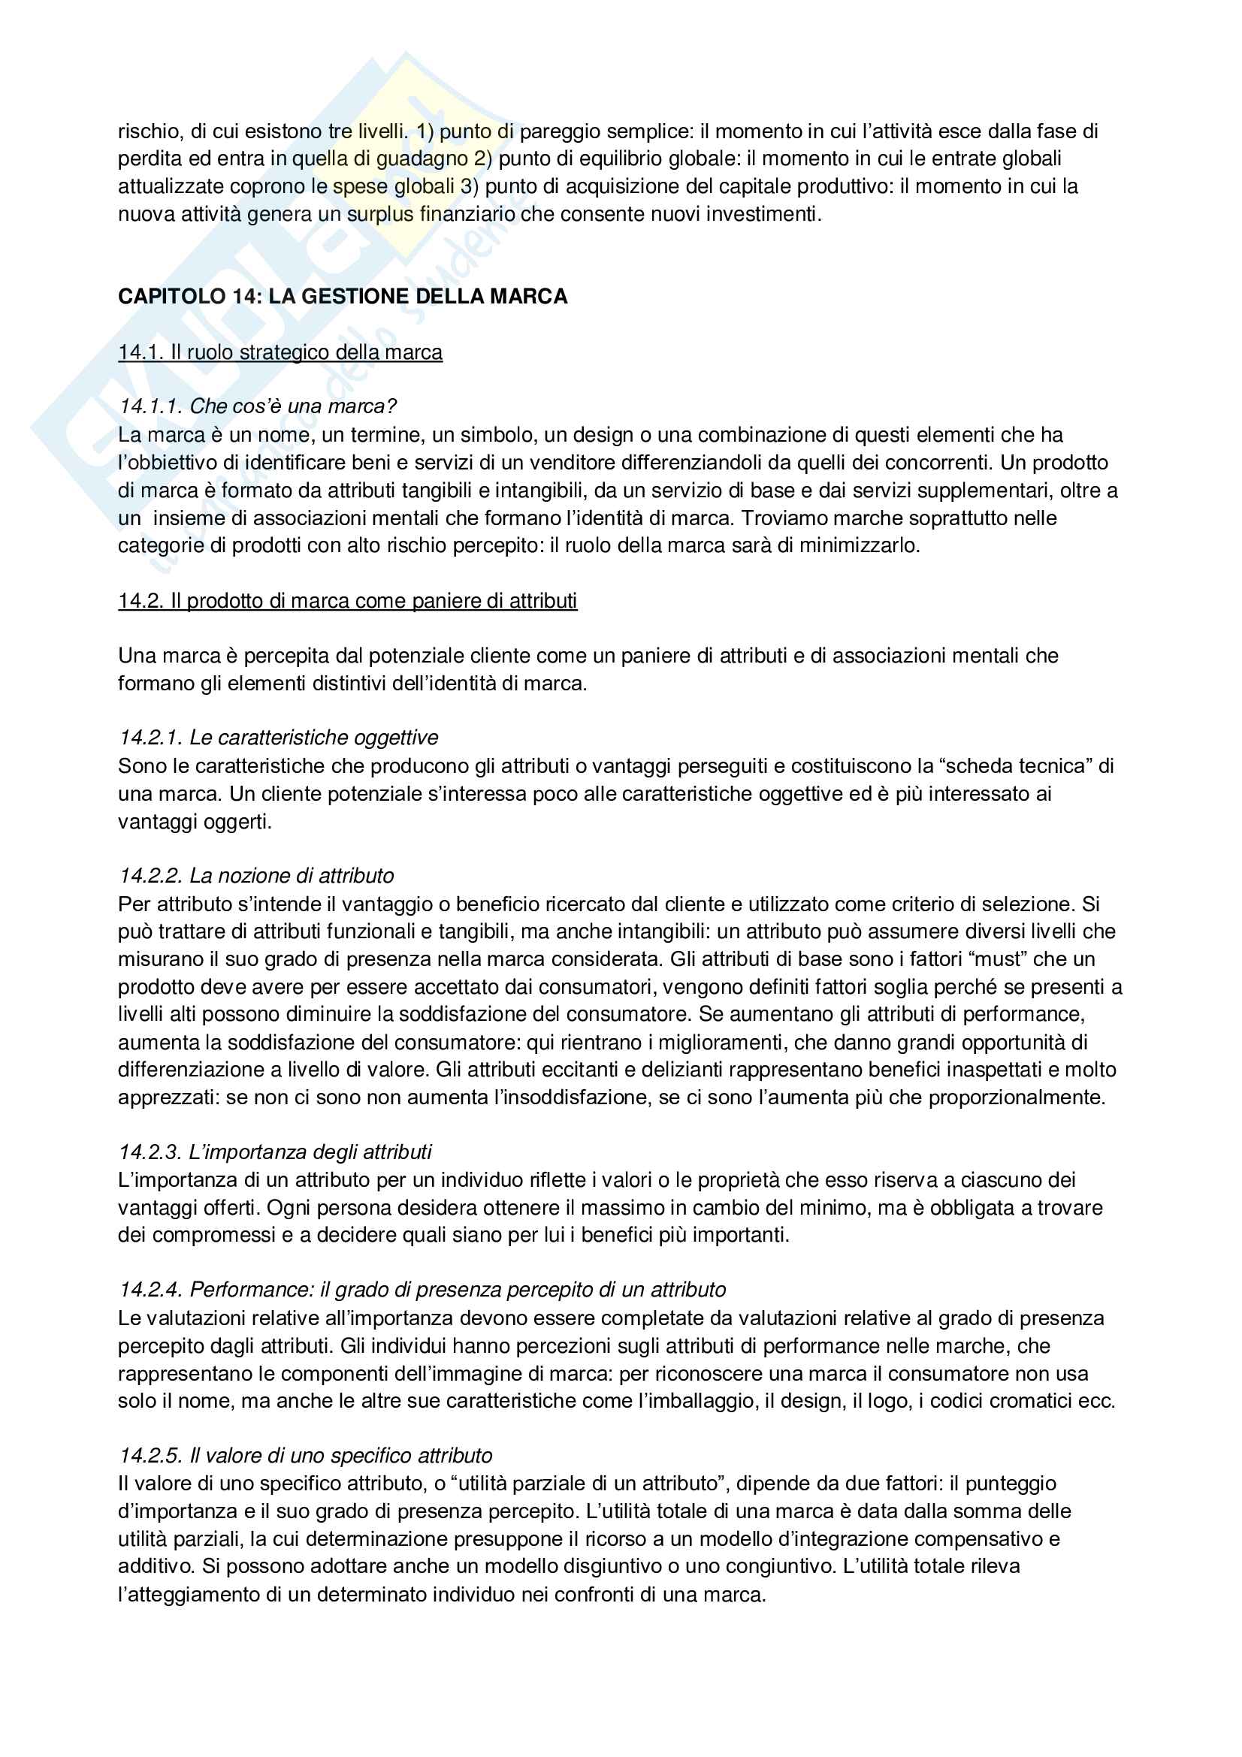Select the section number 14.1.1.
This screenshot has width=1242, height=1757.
tap(150, 406)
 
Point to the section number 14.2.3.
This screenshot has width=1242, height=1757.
tap(150, 1152)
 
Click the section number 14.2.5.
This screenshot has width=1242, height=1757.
tap(150, 1456)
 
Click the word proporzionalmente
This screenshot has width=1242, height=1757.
tap(1017, 1097)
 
